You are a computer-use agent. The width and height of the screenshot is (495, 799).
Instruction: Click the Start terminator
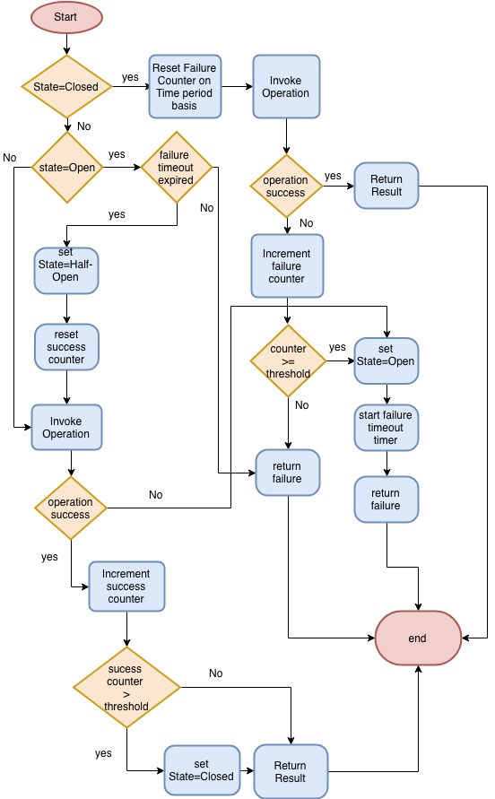pyautogui.click(x=66, y=17)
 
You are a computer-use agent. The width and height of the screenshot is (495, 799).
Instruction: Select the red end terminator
pyautogui.click(x=418, y=638)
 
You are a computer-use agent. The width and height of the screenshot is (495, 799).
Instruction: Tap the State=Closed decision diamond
pyautogui.click(x=66, y=87)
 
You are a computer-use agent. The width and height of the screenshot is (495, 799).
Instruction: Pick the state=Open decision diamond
pyautogui.click(x=66, y=167)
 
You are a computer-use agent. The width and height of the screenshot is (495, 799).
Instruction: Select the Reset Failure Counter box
pyautogui.click(x=185, y=87)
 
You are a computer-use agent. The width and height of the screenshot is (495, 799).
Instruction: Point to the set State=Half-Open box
pyautogui.click(x=66, y=270)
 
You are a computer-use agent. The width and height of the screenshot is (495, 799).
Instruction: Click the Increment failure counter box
pyautogui.click(x=286, y=266)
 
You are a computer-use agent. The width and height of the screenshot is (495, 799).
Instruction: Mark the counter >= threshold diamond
pyautogui.click(x=288, y=360)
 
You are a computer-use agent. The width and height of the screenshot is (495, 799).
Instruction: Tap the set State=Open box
pyautogui.click(x=386, y=360)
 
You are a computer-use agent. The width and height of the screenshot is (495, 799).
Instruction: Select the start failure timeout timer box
pyautogui.click(x=386, y=428)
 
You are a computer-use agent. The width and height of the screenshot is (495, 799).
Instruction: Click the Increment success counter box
pyautogui.click(x=126, y=586)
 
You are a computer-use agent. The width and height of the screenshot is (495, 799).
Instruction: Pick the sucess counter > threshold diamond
pyautogui.click(x=126, y=689)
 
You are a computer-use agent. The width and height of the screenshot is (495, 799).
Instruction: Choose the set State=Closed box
pyautogui.click(x=201, y=769)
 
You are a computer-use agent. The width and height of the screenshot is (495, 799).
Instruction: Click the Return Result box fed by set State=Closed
pyautogui.click(x=291, y=770)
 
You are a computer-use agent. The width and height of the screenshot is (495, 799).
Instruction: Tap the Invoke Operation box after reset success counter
pyautogui.click(x=66, y=427)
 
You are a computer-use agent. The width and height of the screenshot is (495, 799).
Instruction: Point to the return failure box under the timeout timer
pyautogui.click(x=386, y=499)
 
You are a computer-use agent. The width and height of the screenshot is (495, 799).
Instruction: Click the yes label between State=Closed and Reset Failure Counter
pyautogui.click(x=130, y=77)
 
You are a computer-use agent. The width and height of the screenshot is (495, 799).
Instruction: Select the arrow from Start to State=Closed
pyautogui.click(x=66, y=44)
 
